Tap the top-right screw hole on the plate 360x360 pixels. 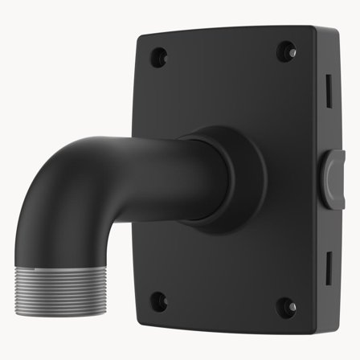tap(285, 52)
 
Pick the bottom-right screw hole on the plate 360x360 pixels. tap(284, 305)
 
